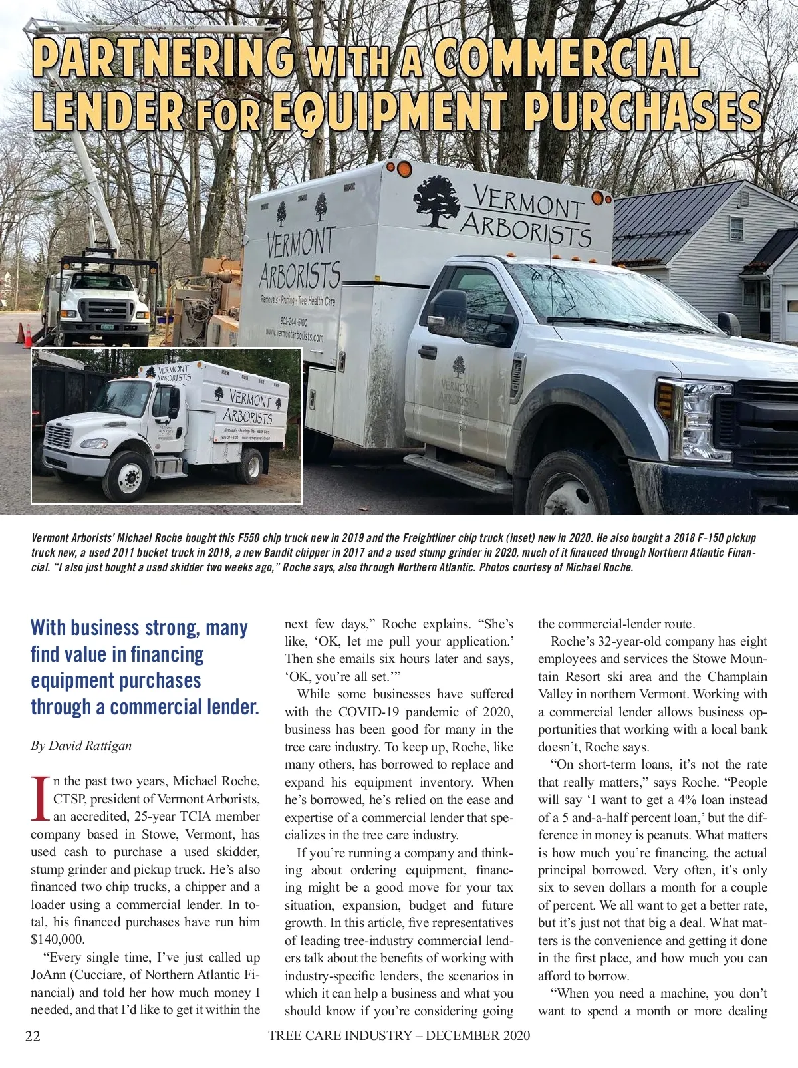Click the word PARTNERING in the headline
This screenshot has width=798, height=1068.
164,59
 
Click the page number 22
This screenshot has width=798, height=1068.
33,1036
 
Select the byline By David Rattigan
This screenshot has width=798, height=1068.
81,745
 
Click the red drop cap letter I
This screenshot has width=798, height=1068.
41,797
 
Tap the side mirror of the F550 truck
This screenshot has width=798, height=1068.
448,311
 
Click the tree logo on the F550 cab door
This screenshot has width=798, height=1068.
458,366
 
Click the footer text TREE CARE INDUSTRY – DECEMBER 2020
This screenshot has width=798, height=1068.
399,1035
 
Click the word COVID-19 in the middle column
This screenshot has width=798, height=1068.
373,712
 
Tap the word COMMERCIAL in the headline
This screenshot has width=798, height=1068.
565,59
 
